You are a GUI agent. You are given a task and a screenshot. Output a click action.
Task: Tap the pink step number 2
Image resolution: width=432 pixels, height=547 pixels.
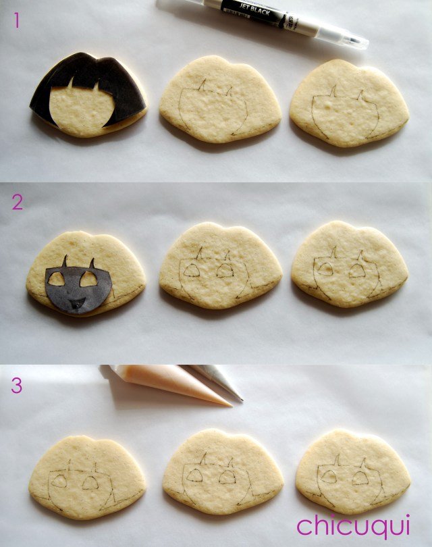coord(17,202)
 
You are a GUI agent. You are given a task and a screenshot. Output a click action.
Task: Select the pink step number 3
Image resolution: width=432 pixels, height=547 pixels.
coord(17,385)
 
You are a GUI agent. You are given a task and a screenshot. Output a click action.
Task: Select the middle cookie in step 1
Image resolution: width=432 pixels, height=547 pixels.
coord(220,99)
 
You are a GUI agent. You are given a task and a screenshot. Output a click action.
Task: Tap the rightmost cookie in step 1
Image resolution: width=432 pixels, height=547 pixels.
coord(349,103)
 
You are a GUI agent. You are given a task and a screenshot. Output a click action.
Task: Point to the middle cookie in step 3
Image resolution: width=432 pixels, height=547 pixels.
coord(222,473)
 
